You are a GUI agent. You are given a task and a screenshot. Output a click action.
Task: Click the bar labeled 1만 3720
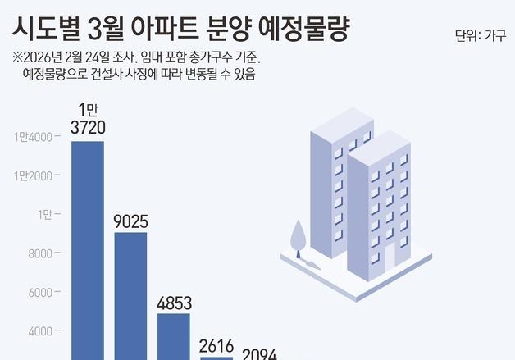[x=87, y=250]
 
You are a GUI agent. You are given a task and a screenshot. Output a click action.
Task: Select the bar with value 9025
[x=130, y=295]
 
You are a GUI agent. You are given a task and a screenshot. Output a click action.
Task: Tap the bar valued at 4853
[x=173, y=336]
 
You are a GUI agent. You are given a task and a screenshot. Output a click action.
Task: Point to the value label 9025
[x=130, y=221]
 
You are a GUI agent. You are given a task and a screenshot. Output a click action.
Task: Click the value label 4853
[x=173, y=302]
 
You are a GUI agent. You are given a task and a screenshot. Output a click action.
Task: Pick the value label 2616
[x=216, y=344]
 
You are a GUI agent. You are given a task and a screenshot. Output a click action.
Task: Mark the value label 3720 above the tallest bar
[x=87, y=127]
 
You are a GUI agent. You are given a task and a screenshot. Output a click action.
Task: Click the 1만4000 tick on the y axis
[x=33, y=137]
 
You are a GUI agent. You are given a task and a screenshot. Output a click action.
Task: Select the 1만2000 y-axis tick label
[x=33, y=176]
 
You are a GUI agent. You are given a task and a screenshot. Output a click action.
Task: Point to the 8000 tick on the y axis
[x=40, y=254]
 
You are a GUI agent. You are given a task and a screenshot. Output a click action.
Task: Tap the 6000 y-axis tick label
[x=40, y=294]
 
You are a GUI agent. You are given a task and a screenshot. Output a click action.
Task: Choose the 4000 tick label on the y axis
[x=40, y=332]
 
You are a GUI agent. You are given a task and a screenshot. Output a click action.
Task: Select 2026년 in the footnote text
[x=43, y=58]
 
